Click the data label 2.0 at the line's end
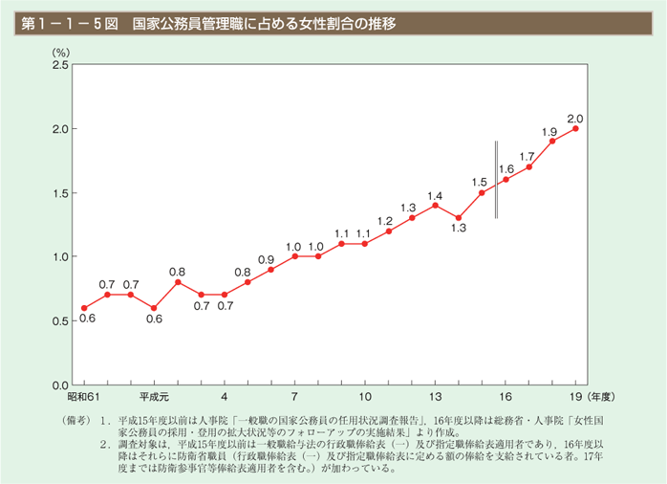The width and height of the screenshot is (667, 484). (575, 119)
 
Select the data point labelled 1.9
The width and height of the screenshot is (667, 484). (552, 142)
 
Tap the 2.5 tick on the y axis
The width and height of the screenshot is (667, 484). (59, 65)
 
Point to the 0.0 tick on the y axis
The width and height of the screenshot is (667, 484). (59, 385)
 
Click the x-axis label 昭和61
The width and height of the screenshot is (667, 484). (82, 396)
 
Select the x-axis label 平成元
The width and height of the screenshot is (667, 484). (154, 396)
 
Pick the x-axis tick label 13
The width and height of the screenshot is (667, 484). (435, 396)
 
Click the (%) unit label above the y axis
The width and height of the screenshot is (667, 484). (62, 50)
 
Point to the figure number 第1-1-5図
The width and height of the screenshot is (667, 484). (64, 20)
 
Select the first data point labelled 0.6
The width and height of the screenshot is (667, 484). (83, 308)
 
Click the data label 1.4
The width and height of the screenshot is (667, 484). (436, 195)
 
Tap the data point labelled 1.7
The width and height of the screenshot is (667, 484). (528, 166)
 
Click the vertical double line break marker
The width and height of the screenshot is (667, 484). (496, 180)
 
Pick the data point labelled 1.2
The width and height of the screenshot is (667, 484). (388, 231)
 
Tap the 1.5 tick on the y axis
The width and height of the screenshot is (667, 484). (59, 193)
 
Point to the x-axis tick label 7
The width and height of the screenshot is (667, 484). (294, 396)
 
